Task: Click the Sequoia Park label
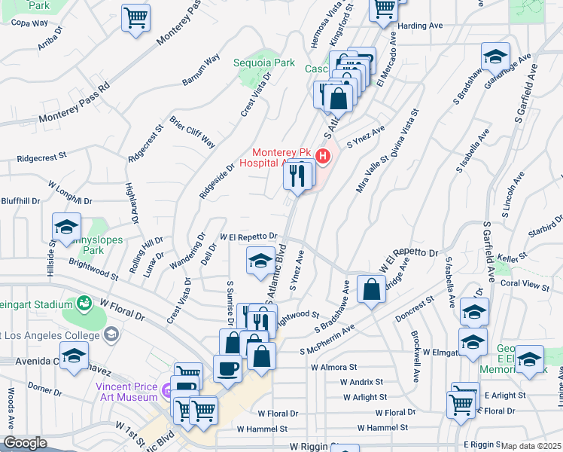tap(263, 63)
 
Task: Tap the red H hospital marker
tap(323, 157)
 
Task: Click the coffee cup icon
tap(227, 368)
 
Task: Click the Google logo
tap(25, 443)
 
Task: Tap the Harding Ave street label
tap(420, 26)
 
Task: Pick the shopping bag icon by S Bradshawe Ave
tap(372, 289)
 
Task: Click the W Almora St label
tap(333, 367)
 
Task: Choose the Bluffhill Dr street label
tap(20, 201)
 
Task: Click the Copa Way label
tap(29, 23)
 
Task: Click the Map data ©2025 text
tap(531, 446)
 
